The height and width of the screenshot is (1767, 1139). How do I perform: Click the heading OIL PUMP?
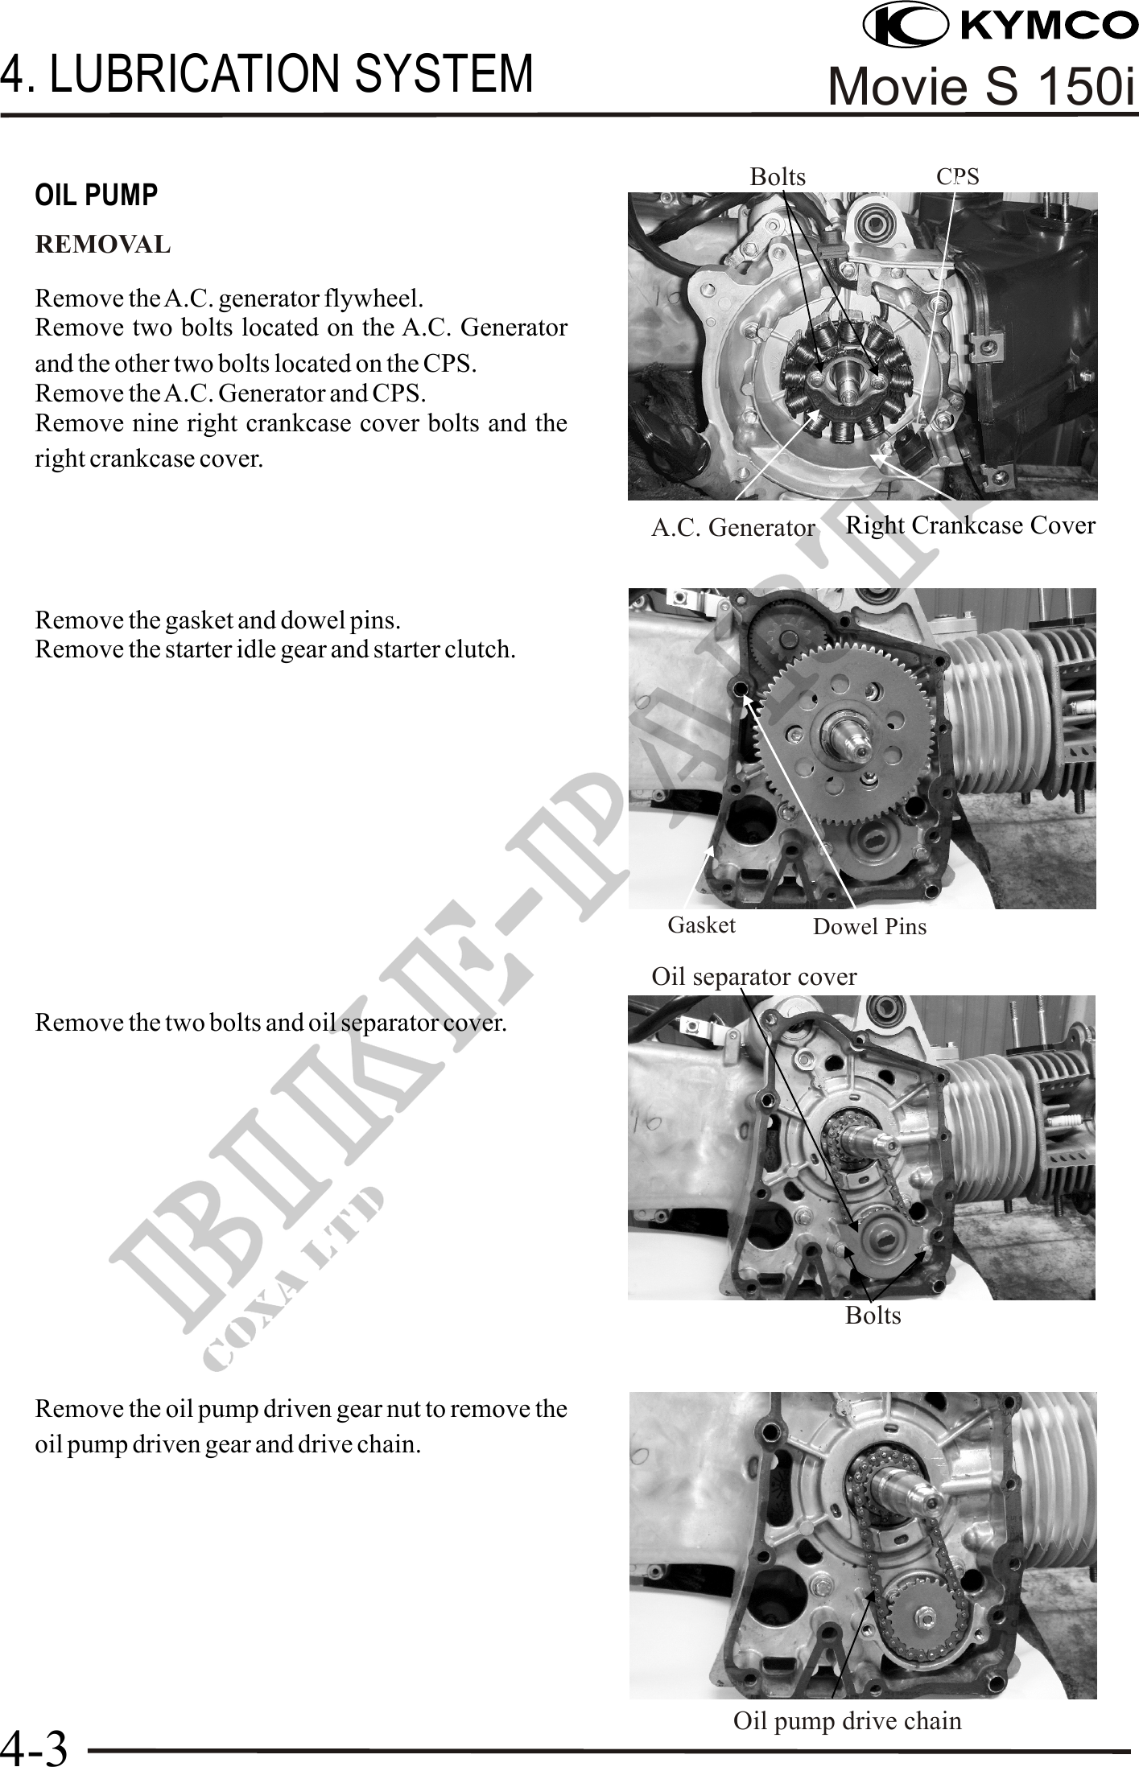coord(97,196)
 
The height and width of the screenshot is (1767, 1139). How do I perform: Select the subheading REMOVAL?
coord(103,245)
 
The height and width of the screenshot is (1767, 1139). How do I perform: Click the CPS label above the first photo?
coord(958,176)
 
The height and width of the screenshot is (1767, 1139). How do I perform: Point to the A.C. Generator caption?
coord(733,528)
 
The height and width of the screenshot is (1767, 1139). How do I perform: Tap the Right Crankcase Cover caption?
coord(971,525)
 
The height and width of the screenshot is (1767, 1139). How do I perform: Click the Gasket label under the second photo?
coord(702,925)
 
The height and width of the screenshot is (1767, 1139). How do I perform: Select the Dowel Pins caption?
coord(869,927)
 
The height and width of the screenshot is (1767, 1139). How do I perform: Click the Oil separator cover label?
coord(754,977)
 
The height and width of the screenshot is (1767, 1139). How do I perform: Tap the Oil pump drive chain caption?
coord(848,1721)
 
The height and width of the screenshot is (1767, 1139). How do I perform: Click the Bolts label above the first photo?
coord(778,176)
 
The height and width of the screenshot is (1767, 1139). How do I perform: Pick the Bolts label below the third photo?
coord(873,1316)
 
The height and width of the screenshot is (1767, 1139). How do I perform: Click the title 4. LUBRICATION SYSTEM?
coord(266,73)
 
